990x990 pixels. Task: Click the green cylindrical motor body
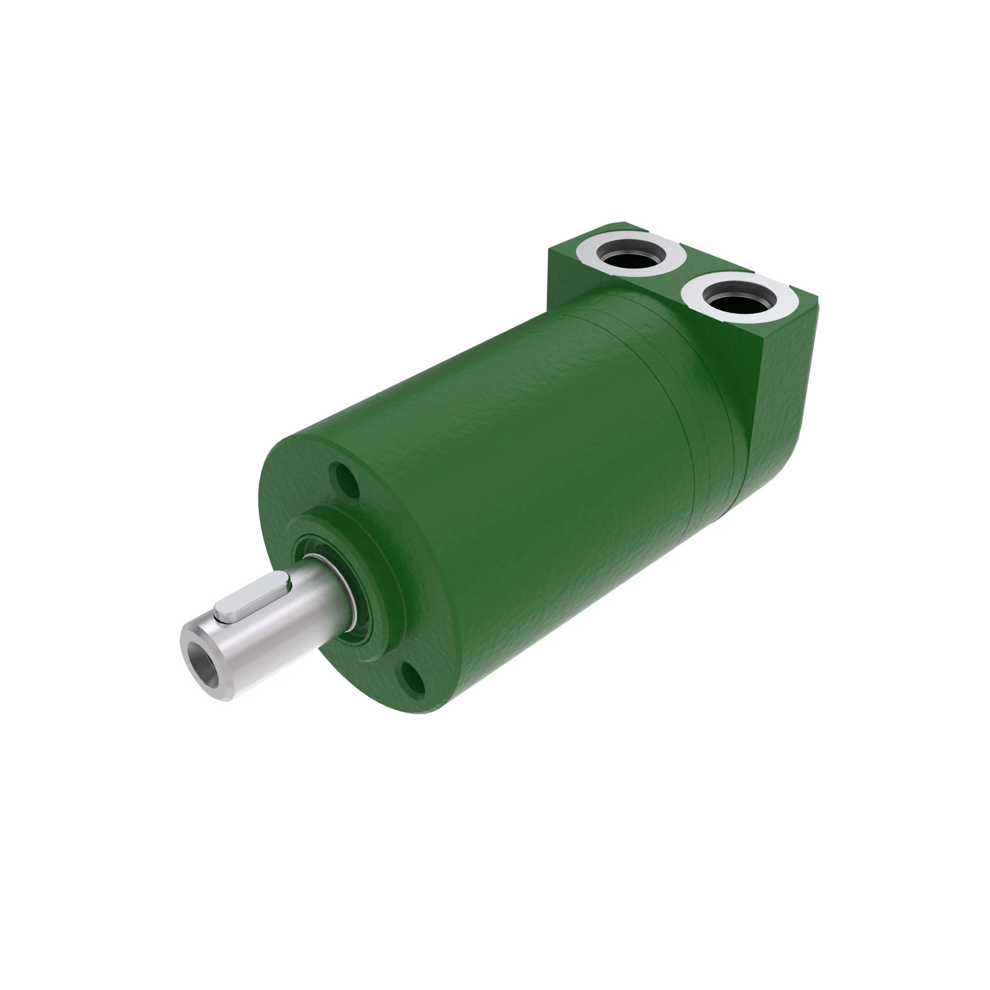[538, 461]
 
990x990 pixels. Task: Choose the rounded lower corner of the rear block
[769, 477]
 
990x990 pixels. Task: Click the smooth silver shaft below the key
[277, 636]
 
